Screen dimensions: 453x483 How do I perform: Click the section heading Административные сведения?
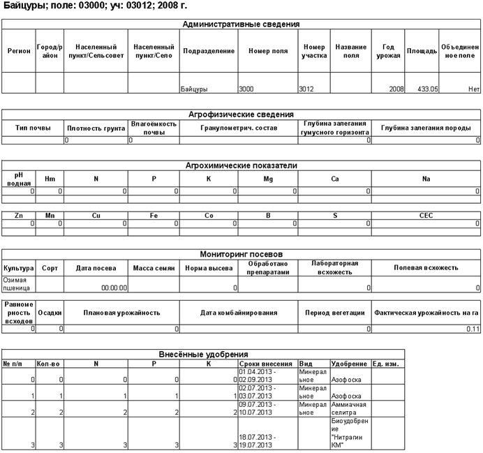pyautogui.click(x=241, y=24)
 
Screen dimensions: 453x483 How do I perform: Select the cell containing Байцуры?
pyautogui.click(x=194, y=89)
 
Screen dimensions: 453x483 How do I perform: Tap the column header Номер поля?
pyautogui.click(x=267, y=51)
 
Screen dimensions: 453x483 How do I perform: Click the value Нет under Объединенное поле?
pyautogui.click(x=473, y=89)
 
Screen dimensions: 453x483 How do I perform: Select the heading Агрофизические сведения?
pyautogui.click(x=241, y=114)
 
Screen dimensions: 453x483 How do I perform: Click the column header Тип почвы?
pyautogui.click(x=31, y=128)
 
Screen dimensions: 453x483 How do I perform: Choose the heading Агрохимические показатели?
pyautogui.click(x=241, y=165)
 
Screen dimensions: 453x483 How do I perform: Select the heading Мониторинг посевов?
pyautogui.click(x=241, y=235)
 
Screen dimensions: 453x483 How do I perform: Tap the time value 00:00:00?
pyautogui.click(x=114, y=287)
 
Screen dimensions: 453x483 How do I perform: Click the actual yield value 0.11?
pyautogui.click(x=473, y=328)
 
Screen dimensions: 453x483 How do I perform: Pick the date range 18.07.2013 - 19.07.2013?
pyautogui.click(x=259, y=440)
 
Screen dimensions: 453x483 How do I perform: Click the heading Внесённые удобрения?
pyautogui.click(x=202, y=355)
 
